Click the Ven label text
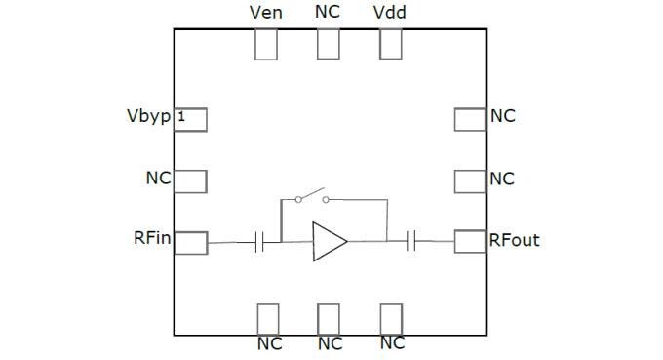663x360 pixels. (x=265, y=13)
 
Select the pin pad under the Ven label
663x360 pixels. (x=265, y=44)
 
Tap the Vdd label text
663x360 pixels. (x=390, y=13)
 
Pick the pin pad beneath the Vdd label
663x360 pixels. (x=391, y=44)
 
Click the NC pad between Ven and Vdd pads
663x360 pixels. (x=329, y=44)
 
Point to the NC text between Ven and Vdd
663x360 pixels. (x=329, y=13)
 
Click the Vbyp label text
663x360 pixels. (x=148, y=116)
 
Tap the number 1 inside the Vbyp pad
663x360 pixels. (x=181, y=118)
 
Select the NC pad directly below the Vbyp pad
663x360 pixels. (x=191, y=180)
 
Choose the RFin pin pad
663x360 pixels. (x=191, y=242)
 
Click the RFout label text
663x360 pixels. (x=514, y=239)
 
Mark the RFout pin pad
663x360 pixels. (x=470, y=241)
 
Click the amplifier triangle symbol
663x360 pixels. (x=329, y=242)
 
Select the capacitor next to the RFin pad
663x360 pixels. (x=259, y=242)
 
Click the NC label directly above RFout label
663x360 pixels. (x=502, y=179)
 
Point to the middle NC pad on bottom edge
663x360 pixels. (x=329, y=319)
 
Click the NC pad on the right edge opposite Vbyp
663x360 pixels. (x=470, y=118)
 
